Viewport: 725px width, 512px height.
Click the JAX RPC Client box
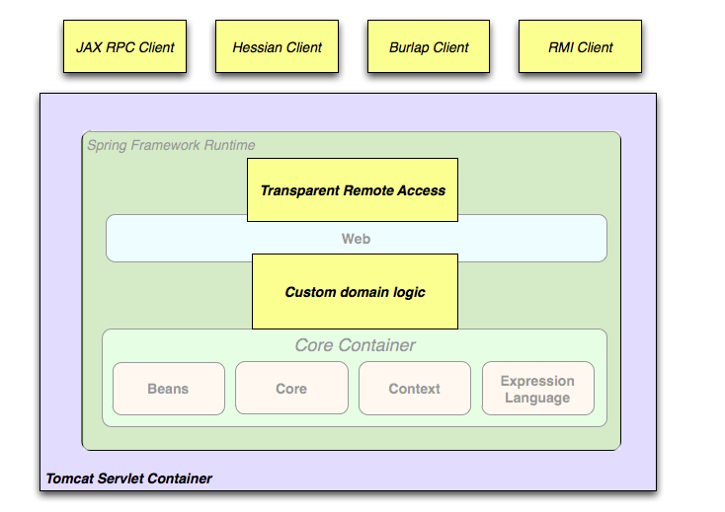[124, 46]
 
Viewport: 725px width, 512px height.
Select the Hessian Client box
[277, 46]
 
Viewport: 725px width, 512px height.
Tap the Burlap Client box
[429, 46]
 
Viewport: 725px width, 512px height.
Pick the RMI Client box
[581, 46]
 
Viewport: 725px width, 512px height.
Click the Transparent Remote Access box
[353, 189]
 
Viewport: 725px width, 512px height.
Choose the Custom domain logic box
[355, 292]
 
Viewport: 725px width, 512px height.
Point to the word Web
[356, 239]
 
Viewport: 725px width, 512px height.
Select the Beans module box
[168, 389]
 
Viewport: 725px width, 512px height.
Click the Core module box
[291, 389]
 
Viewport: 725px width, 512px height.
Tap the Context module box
[414, 389]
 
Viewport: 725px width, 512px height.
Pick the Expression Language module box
[537, 389]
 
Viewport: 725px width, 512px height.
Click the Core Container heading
[355, 345]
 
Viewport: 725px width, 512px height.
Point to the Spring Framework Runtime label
[171, 145]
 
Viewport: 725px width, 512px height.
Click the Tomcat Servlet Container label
[128, 478]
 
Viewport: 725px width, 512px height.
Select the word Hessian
[256, 46]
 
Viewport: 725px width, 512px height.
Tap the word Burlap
[408, 46]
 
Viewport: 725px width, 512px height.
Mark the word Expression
[537, 381]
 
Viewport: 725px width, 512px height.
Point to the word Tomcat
[70, 478]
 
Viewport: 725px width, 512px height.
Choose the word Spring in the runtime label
[107, 145]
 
